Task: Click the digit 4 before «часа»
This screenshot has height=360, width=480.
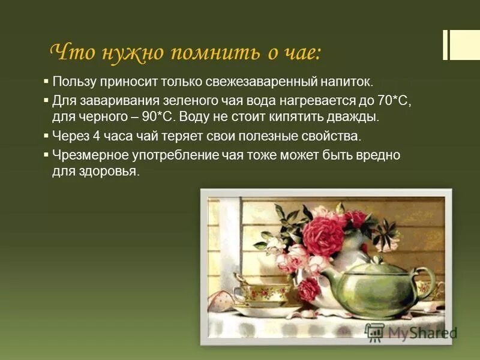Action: pos(94,136)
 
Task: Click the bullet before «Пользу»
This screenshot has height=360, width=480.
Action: pos(46,80)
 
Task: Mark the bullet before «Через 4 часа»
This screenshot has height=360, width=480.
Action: pos(46,136)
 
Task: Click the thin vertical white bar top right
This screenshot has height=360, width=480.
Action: pos(445,44)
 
